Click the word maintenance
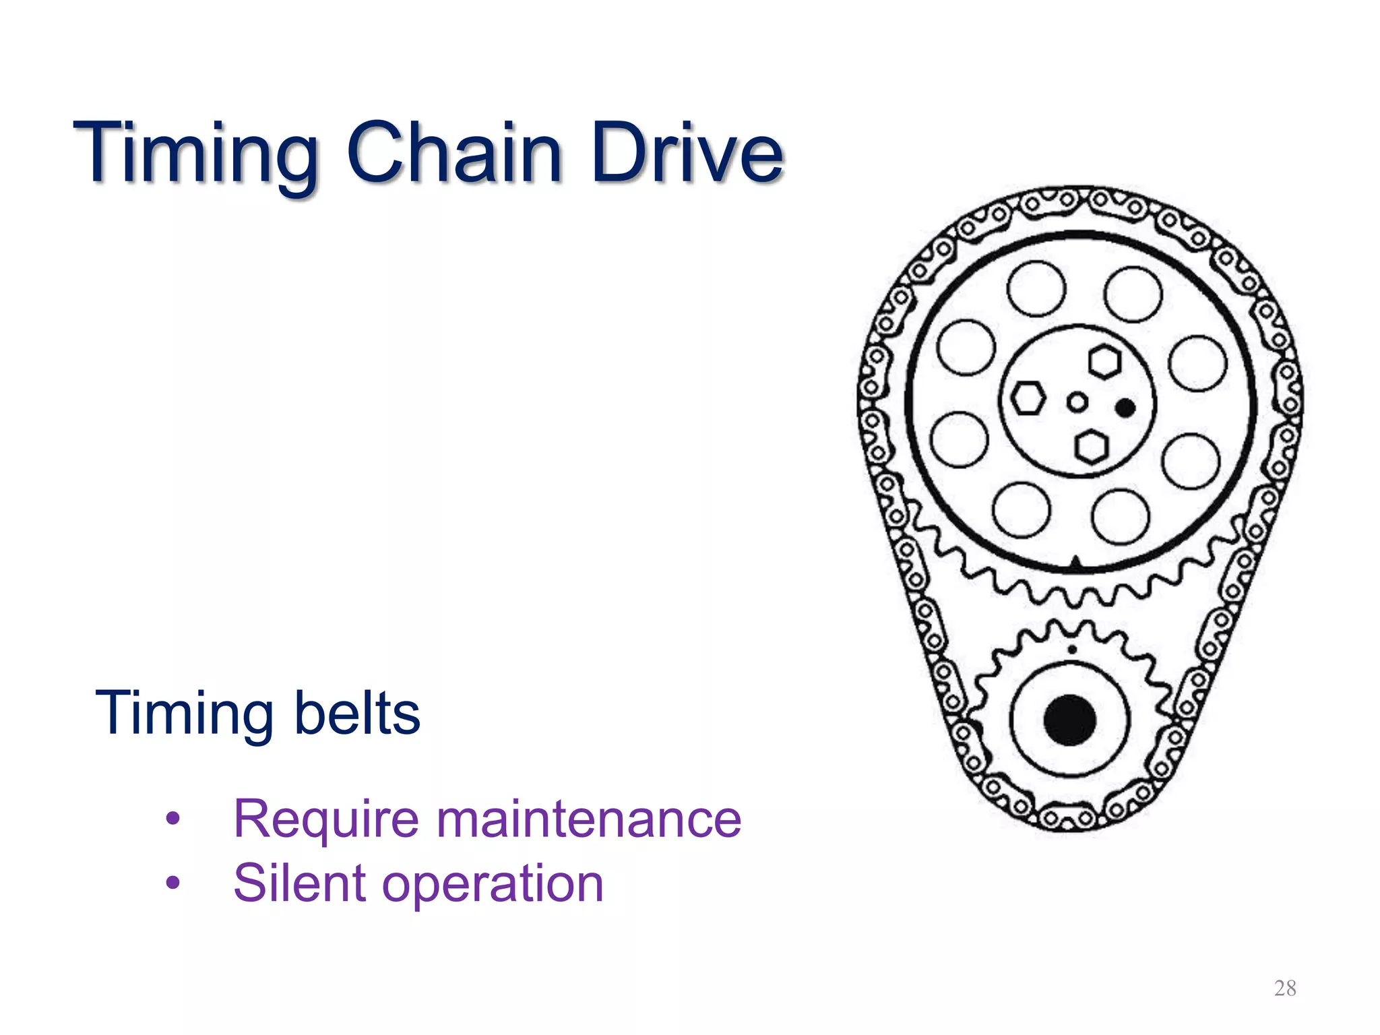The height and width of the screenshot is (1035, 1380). tap(589, 819)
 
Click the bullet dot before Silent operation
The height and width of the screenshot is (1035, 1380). tap(173, 882)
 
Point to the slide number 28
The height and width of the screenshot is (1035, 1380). tap(1285, 988)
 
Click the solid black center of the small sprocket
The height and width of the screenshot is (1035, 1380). tap(1069, 720)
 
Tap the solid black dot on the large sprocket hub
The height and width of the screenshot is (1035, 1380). tap(1125, 408)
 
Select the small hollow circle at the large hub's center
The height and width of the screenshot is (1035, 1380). tap(1077, 403)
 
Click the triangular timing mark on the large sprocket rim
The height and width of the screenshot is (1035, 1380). tap(1076, 563)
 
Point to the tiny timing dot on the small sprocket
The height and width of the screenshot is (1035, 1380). tap(1071, 650)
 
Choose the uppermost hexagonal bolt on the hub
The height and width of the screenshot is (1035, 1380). tap(1104, 362)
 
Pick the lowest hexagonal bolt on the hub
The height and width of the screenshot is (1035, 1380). tap(1091, 447)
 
